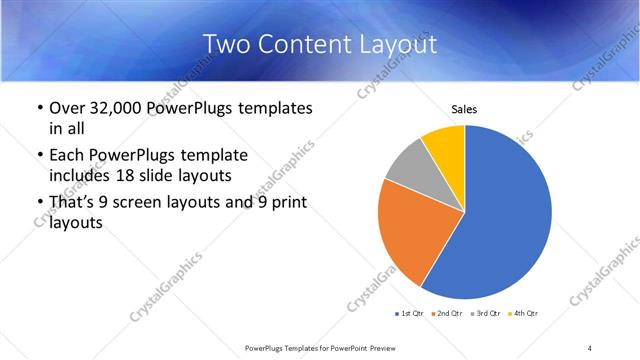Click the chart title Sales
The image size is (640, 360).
pyautogui.click(x=464, y=108)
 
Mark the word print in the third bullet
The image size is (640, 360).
pyautogui.click(x=285, y=204)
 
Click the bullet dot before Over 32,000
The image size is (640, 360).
pyautogui.click(x=39, y=108)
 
